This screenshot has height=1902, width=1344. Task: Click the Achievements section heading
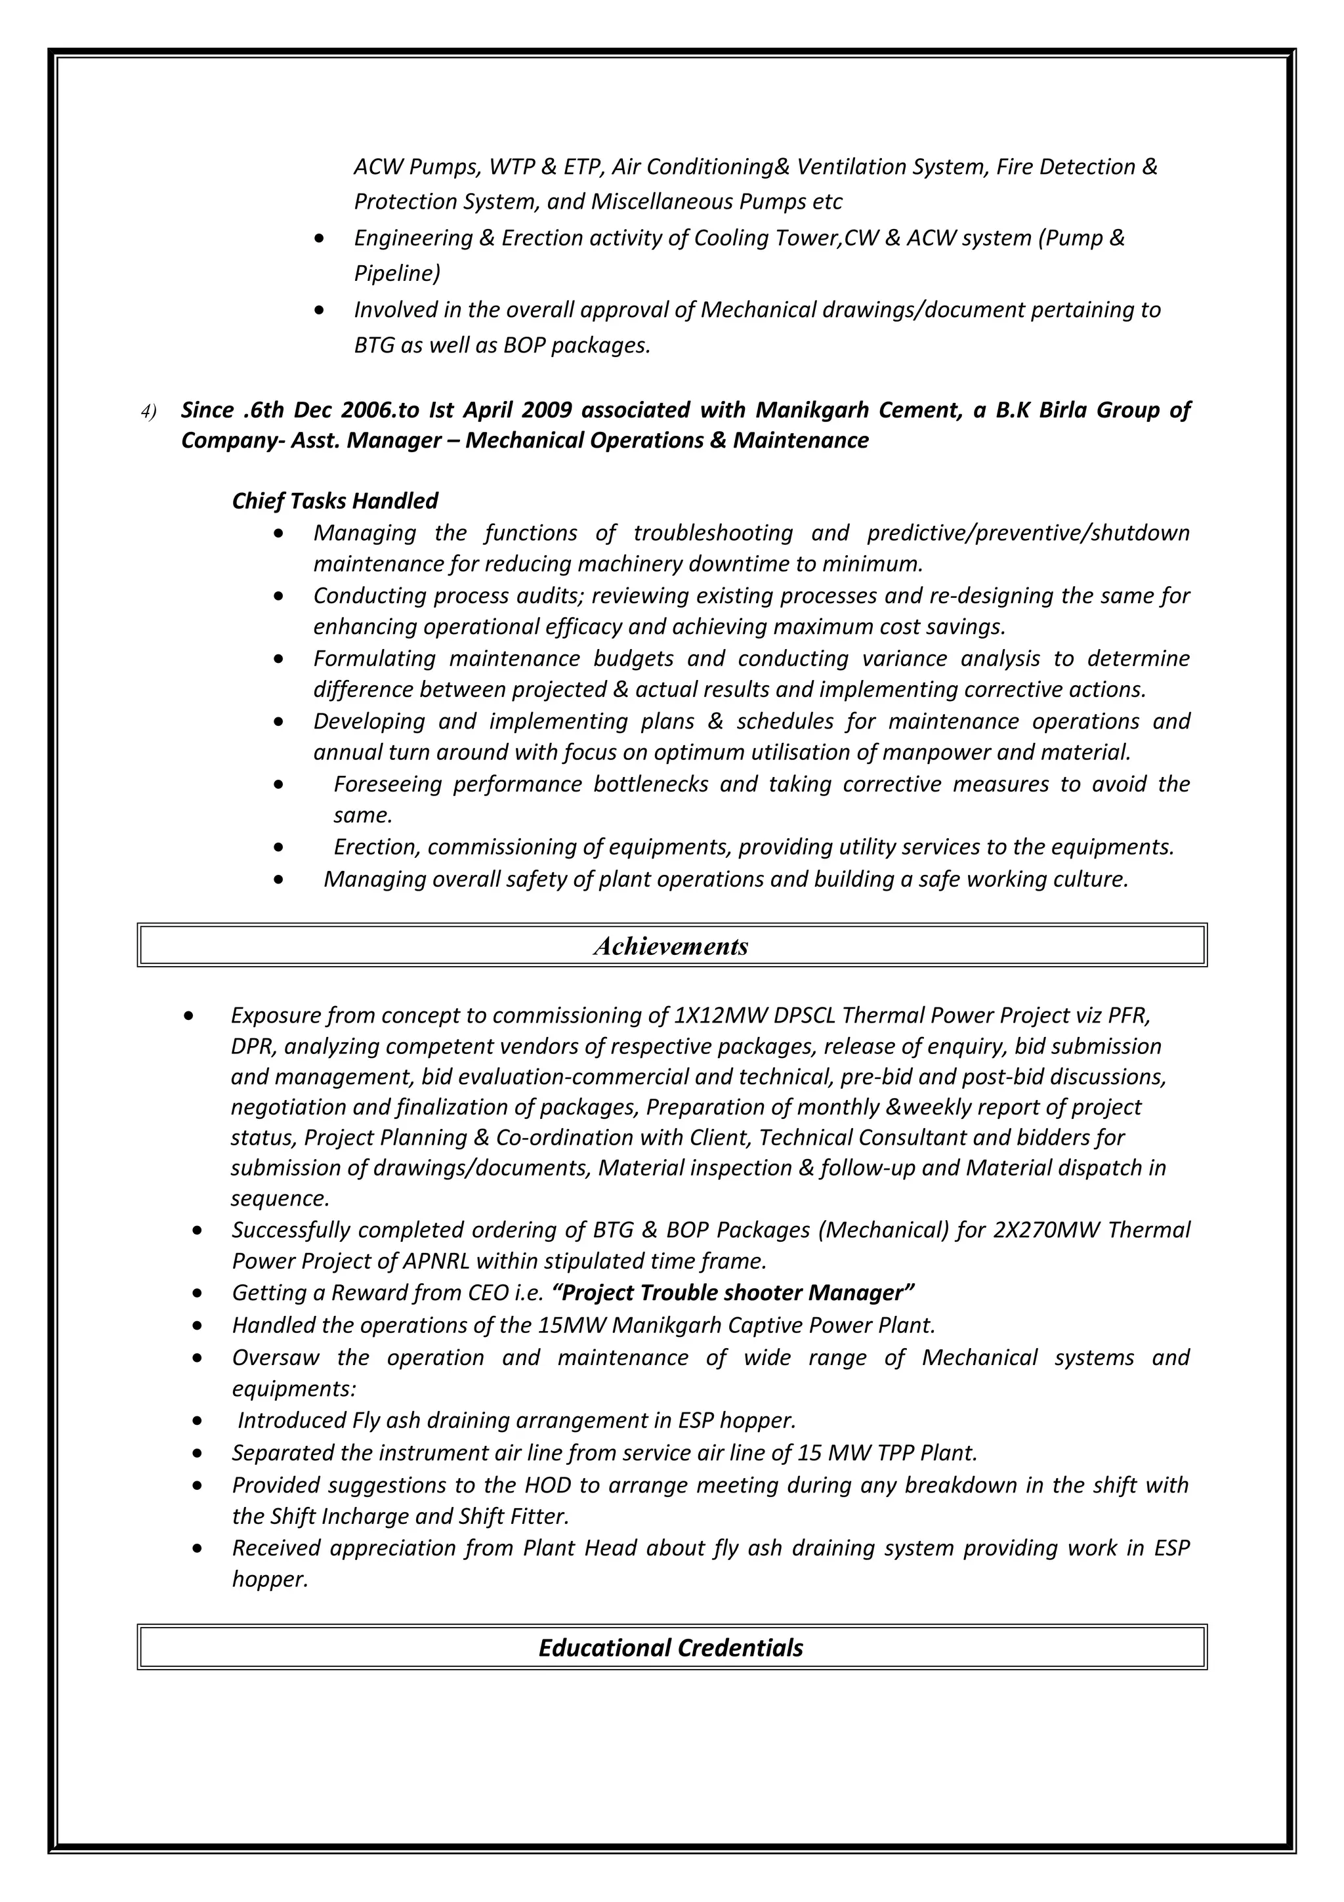(x=671, y=946)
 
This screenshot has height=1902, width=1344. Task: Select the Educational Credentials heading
(x=671, y=1648)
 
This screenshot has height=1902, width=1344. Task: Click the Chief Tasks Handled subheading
(x=335, y=501)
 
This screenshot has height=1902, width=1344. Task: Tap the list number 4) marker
(x=148, y=412)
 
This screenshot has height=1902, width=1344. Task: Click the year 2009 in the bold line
(x=544, y=410)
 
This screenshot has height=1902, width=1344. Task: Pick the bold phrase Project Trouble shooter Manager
(x=733, y=1293)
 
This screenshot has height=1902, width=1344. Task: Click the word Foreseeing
(x=388, y=784)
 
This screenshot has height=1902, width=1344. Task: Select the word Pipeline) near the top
(x=396, y=274)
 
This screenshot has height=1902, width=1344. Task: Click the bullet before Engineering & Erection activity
(x=320, y=240)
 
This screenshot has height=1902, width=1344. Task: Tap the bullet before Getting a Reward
(x=196, y=1294)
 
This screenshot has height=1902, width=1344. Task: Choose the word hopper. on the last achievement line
(x=270, y=1580)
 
